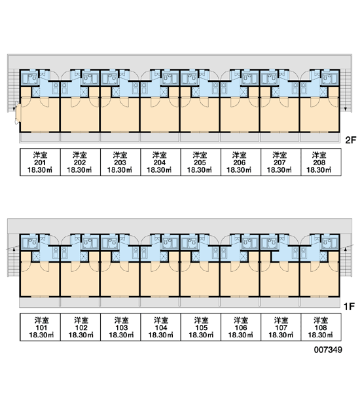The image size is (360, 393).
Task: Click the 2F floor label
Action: (x=350, y=140)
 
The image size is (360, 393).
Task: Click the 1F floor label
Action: (x=349, y=306)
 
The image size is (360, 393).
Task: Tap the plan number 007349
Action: (x=328, y=349)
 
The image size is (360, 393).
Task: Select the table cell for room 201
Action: (x=40, y=162)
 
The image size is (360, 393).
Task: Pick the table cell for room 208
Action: (x=321, y=162)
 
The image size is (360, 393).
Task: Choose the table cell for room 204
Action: (x=160, y=162)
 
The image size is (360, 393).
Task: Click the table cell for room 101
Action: (x=40, y=327)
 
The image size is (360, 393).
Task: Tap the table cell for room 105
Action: (x=201, y=327)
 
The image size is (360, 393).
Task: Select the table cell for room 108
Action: (x=321, y=327)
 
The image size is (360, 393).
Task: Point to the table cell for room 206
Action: (x=241, y=162)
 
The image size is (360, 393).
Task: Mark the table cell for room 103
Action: (x=120, y=327)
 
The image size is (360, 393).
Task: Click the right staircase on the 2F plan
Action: (x=346, y=90)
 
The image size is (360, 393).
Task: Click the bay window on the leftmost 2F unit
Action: (x=18, y=113)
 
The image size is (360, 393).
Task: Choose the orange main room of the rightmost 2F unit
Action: (x=319, y=113)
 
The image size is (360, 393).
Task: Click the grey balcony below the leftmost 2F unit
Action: (x=39, y=138)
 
